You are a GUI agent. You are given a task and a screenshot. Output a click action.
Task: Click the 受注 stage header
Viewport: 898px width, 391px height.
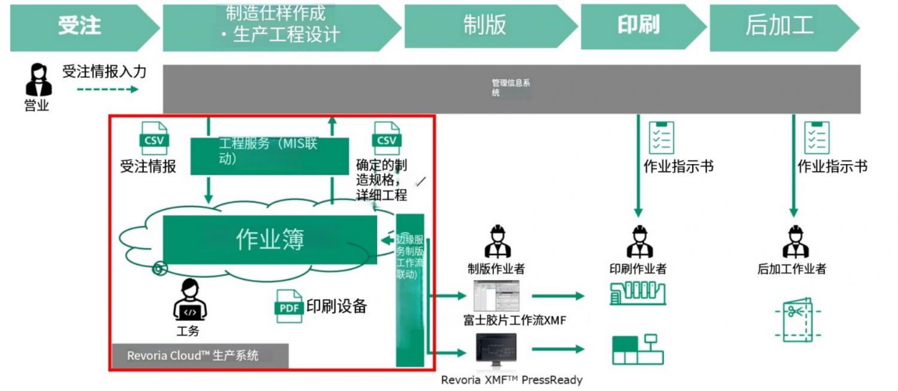80,26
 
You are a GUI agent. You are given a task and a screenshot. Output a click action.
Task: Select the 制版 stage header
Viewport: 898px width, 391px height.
485,26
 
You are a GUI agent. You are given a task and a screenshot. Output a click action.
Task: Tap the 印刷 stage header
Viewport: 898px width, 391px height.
638,26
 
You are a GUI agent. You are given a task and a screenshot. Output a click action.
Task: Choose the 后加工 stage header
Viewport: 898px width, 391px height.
779,26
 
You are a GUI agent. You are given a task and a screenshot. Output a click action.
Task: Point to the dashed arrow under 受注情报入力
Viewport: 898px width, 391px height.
107,89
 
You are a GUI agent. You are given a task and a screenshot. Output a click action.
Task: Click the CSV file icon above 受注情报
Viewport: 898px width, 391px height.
154,138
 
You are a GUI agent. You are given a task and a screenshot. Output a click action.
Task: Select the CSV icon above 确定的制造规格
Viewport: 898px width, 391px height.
386,138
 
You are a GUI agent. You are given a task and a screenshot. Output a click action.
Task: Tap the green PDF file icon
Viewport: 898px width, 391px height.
289,306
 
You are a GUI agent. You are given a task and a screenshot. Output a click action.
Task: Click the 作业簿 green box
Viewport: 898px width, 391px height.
269,240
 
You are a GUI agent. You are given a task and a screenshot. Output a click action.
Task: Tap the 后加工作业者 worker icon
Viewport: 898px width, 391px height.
794,242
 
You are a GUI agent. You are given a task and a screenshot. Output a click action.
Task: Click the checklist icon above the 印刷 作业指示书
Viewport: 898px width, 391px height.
662,138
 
